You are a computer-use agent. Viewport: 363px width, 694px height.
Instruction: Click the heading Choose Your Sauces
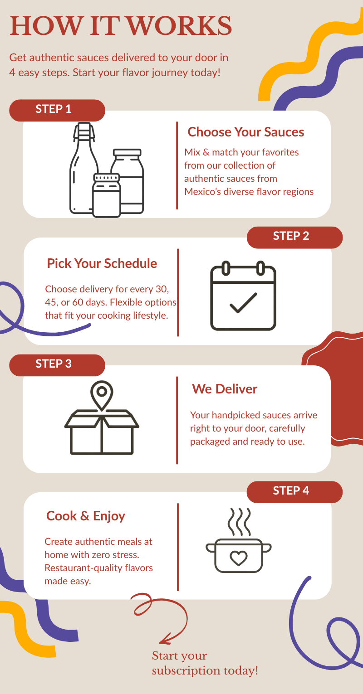[245, 132]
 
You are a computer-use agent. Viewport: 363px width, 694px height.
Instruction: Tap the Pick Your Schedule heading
[102, 263]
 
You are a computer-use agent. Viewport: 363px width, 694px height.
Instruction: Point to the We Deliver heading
[224, 389]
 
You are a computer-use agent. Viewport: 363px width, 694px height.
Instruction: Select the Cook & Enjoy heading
[85, 516]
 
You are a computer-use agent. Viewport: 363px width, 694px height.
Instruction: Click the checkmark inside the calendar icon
[243, 303]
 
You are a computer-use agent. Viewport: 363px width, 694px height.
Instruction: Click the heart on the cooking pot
[238, 558]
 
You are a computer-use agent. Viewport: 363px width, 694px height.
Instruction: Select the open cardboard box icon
[102, 433]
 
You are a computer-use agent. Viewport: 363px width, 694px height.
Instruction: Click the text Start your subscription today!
[205, 663]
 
